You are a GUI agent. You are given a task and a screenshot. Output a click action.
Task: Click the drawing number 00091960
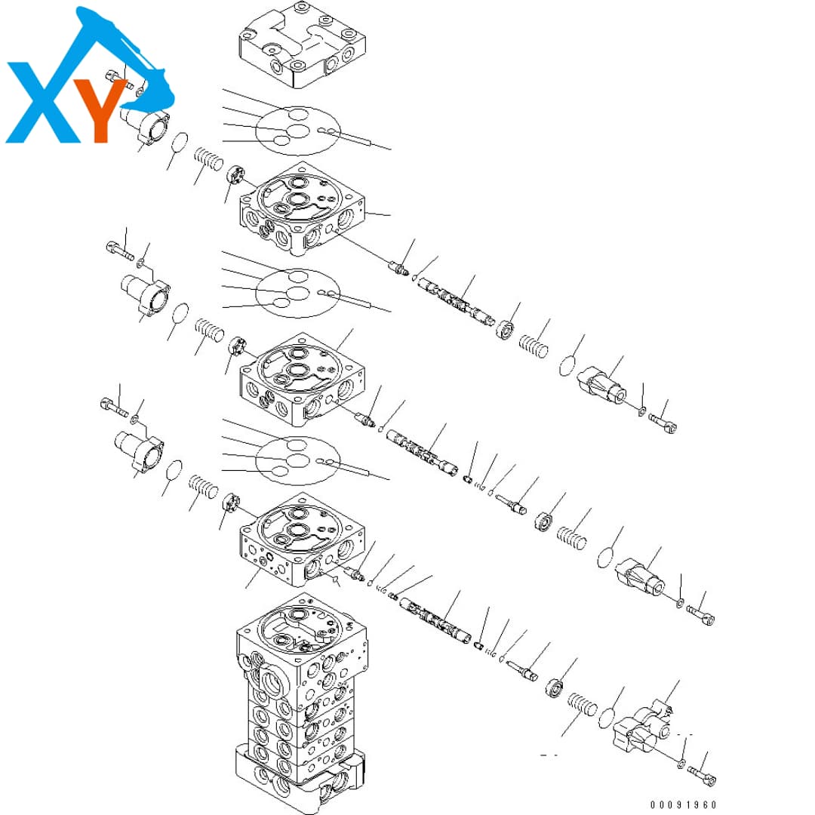683,804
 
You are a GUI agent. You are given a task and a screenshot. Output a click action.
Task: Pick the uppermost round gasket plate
297,131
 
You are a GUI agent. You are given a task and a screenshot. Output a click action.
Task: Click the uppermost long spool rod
457,301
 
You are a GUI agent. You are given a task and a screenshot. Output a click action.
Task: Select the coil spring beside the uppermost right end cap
534,346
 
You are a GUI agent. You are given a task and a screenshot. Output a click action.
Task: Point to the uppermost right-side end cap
603,385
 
